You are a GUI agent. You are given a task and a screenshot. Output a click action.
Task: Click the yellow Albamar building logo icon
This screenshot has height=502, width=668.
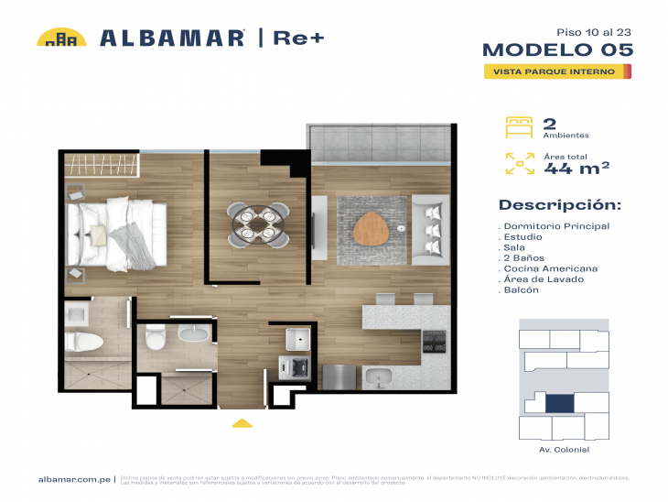tap(61, 38)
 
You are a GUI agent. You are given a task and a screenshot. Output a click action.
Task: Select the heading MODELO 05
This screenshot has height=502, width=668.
tap(557, 49)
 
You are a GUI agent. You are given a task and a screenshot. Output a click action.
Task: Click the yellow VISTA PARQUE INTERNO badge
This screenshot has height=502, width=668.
tap(557, 71)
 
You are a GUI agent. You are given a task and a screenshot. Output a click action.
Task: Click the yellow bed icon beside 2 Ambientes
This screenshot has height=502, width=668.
tap(519, 127)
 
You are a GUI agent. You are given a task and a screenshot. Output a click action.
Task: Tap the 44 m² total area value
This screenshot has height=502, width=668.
tap(576, 169)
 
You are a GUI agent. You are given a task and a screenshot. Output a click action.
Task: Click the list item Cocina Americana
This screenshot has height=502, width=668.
tap(550, 268)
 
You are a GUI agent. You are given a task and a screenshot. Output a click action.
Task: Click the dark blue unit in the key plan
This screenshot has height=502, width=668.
tap(559, 402)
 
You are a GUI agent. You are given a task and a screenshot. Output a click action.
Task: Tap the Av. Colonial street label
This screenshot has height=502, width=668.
tap(565, 450)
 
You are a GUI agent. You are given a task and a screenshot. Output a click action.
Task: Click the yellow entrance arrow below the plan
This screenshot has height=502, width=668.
tap(242, 423)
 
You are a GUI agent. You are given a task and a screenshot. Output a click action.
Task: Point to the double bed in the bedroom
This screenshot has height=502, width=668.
tap(117, 230)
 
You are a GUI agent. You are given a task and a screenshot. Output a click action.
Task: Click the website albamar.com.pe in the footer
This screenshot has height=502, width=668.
tap(75, 479)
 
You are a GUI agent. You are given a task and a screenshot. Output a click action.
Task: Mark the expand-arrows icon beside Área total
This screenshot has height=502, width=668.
tap(519, 164)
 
